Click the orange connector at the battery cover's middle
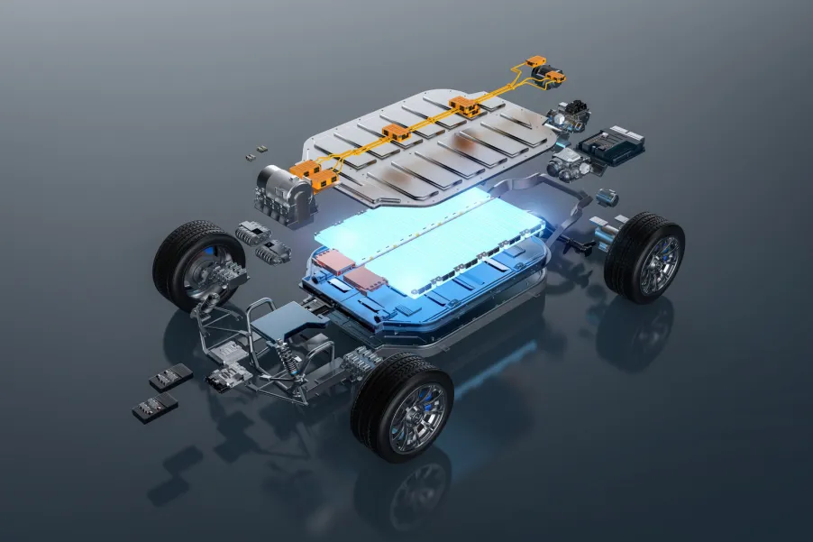click(x=396, y=135)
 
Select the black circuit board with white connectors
click(x=610, y=144)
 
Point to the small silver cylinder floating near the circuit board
click(x=609, y=196)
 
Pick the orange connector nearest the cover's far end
click(x=467, y=106)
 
